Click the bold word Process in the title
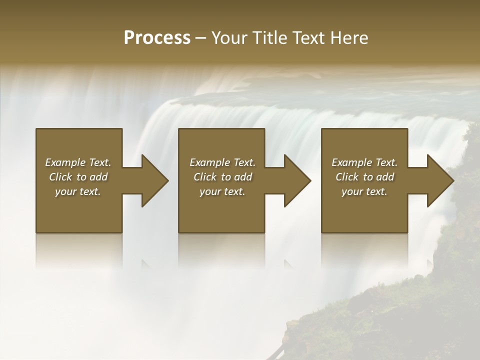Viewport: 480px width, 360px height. point(157,38)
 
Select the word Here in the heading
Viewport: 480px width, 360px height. point(350,38)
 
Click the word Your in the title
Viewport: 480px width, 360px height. point(228,38)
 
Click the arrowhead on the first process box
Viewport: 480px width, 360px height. point(152,180)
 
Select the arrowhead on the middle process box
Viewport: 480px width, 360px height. point(295,180)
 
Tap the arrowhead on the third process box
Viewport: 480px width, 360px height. point(438,180)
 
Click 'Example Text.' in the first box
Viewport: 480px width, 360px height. point(78,162)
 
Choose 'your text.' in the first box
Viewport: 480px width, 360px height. point(78,191)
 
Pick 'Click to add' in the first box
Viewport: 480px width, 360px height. point(78,177)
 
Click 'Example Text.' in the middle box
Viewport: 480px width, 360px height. point(222,162)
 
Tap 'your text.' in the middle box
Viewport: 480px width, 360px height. point(222,191)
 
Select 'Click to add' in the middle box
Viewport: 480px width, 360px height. point(222,177)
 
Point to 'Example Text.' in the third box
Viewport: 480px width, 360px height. point(364,162)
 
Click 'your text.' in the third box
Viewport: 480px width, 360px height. point(364,191)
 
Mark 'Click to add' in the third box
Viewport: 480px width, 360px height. point(364,177)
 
